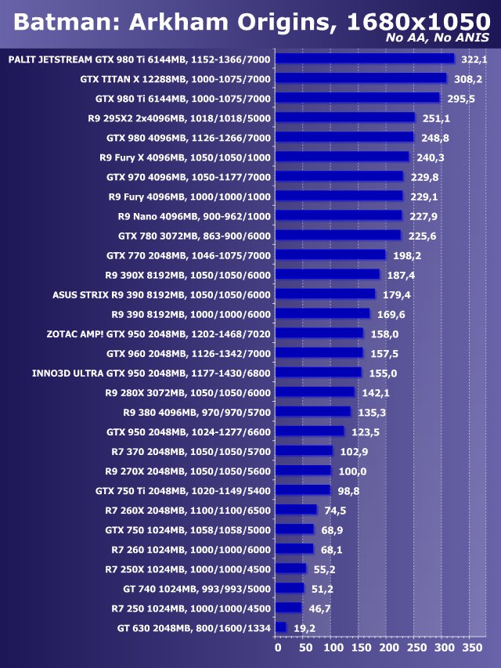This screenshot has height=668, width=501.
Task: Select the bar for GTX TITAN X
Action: [x=362, y=78]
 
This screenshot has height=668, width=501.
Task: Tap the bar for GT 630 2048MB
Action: [x=282, y=627]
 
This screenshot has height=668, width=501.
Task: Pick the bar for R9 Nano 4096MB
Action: [x=340, y=215]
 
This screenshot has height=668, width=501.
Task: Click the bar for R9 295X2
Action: [x=346, y=117]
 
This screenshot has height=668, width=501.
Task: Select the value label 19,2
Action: [x=305, y=627]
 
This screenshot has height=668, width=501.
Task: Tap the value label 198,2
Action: [x=406, y=255]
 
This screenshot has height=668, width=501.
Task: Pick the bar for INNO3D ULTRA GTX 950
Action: [x=319, y=373]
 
